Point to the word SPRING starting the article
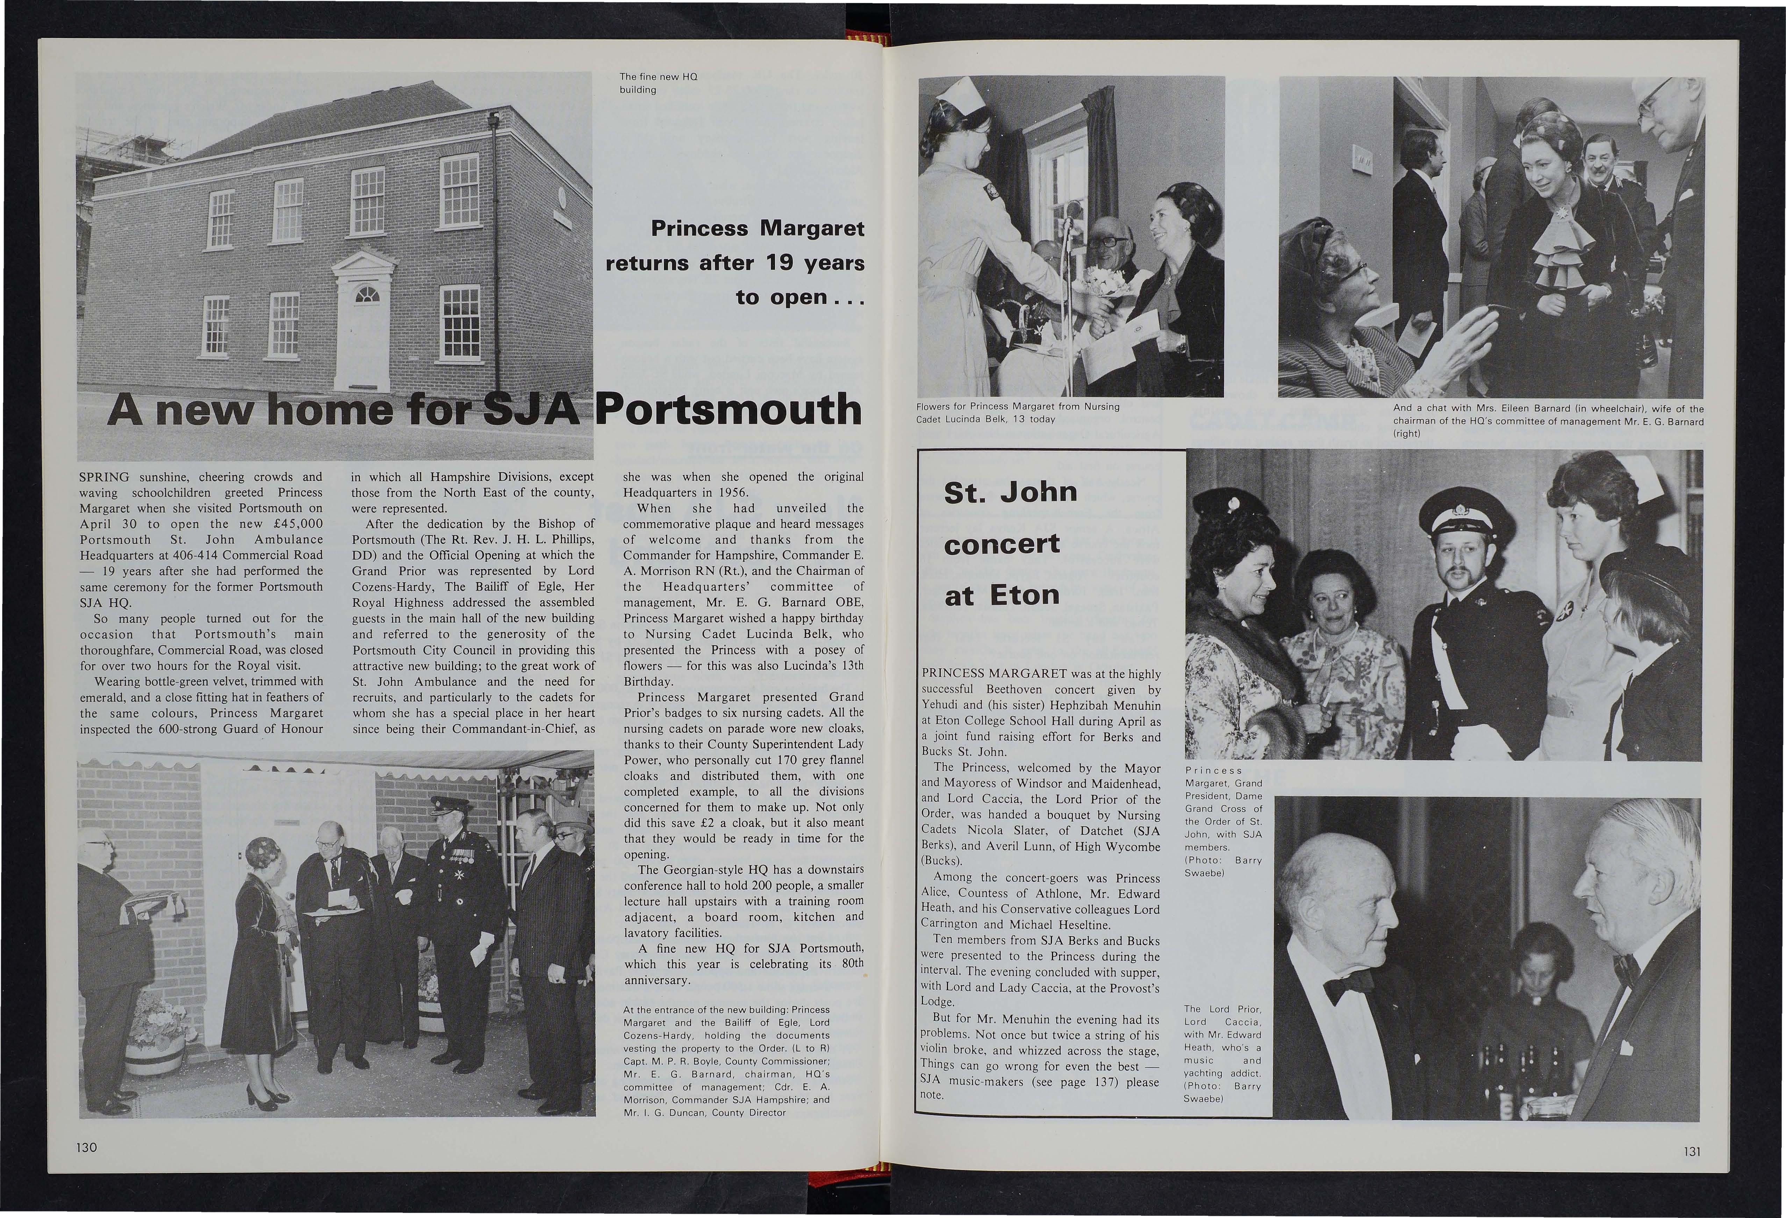(x=105, y=477)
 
